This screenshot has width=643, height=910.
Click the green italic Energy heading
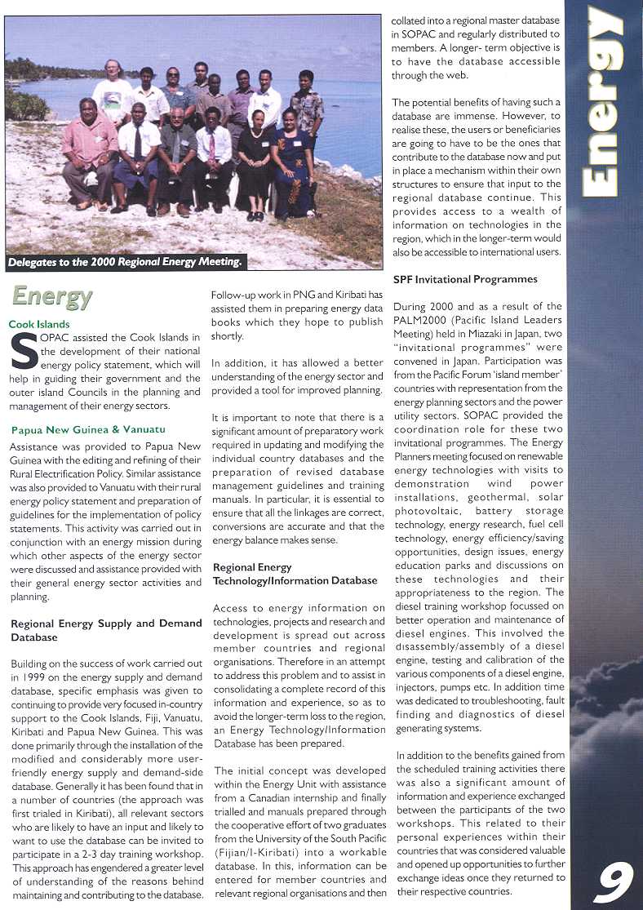click(52, 297)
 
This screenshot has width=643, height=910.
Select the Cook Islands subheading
click(39, 324)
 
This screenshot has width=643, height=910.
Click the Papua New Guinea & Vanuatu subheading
click(88, 429)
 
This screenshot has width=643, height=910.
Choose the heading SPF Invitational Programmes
click(465, 279)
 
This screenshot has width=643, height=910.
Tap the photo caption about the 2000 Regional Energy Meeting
click(126, 262)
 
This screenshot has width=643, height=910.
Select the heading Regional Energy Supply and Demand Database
click(94, 630)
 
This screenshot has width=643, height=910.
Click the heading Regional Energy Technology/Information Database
click(295, 574)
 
